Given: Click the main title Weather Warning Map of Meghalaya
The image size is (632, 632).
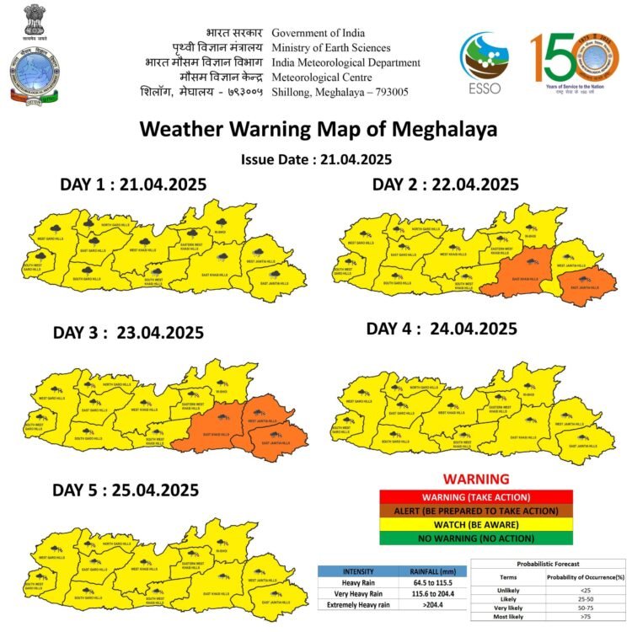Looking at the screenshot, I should point(318,130).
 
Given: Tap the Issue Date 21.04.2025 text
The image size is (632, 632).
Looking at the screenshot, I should point(316,159).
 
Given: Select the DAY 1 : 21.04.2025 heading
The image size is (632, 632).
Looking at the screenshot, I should point(133,185).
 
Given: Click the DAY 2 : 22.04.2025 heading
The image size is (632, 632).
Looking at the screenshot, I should point(446,185).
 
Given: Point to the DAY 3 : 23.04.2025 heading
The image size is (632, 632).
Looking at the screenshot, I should point(128,332).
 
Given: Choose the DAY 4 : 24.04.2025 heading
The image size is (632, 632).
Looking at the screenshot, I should point(442,328).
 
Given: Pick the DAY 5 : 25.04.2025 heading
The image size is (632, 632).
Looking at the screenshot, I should point(126,490).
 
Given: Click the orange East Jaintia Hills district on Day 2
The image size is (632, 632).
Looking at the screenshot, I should point(586,285).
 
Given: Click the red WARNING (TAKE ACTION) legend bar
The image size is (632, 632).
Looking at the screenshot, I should point(476,497).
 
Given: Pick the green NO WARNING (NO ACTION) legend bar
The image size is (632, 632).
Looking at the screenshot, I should point(476,538).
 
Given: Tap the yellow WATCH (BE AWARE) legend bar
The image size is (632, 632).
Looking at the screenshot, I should point(476,524).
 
